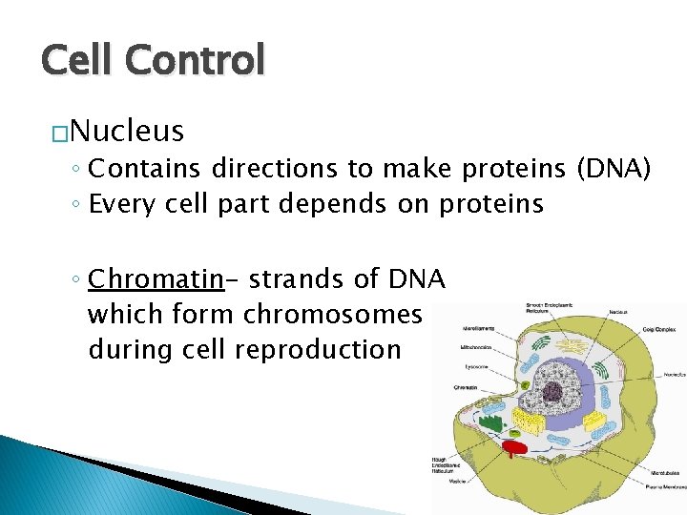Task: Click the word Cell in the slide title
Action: (77, 61)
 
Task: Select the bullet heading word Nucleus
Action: (127, 130)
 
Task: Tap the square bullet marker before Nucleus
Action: (59, 133)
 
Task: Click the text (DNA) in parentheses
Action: (614, 169)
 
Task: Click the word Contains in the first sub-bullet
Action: (144, 169)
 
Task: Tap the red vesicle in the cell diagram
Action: (515, 445)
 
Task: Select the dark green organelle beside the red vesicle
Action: (489, 421)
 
